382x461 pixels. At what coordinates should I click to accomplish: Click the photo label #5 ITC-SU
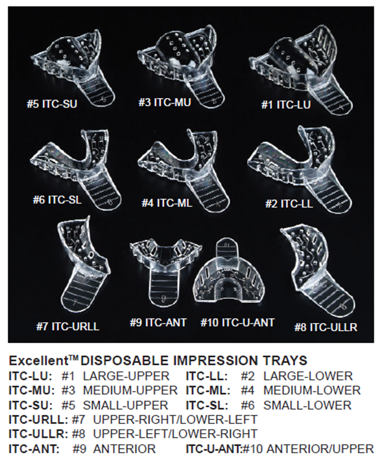coord(52,104)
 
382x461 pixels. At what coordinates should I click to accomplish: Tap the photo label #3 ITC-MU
coord(165,102)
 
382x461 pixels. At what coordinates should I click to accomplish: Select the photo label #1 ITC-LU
coord(286,104)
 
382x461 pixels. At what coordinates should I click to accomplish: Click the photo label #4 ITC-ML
coord(167,202)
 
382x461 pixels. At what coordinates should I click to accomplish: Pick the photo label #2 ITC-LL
coord(289,204)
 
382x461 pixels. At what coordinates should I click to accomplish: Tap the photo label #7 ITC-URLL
coord(67,326)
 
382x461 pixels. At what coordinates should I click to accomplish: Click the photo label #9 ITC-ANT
coord(158,322)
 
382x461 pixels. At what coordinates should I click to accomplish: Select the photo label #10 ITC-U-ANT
coord(237,322)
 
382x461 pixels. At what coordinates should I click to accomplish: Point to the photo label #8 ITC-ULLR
coord(326,327)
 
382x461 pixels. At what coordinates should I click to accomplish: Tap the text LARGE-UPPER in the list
coord(126,375)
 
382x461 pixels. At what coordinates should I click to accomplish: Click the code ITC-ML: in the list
coord(208,390)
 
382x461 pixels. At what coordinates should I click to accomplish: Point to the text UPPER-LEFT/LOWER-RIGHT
coord(175,434)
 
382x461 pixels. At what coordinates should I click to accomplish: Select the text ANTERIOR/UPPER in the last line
coord(320,449)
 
